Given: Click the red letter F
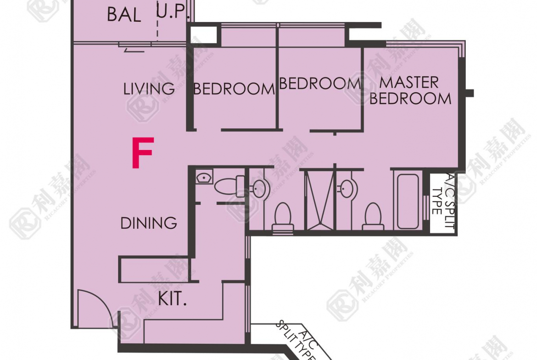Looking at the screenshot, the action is tap(143, 153).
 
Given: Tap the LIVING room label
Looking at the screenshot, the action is tap(149, 89).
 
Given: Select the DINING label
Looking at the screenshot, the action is tap(149, 223).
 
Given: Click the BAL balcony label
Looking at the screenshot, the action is tap(124, 15).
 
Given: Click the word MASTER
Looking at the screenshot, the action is tap(409, 83).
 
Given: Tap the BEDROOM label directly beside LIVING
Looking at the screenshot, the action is tap(234, 89).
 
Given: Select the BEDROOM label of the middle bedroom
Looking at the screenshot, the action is tap(320, 83).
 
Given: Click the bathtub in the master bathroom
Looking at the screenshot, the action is tap(408, 201).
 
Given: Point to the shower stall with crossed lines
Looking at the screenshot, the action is tap(319, 200).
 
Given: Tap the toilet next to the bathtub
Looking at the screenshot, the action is tap(373, 216).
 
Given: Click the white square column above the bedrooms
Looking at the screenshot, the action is tap(203, 34).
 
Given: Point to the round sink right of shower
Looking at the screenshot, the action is tap(347, 188).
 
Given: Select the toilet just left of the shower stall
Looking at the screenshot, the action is tap(283, 216).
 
